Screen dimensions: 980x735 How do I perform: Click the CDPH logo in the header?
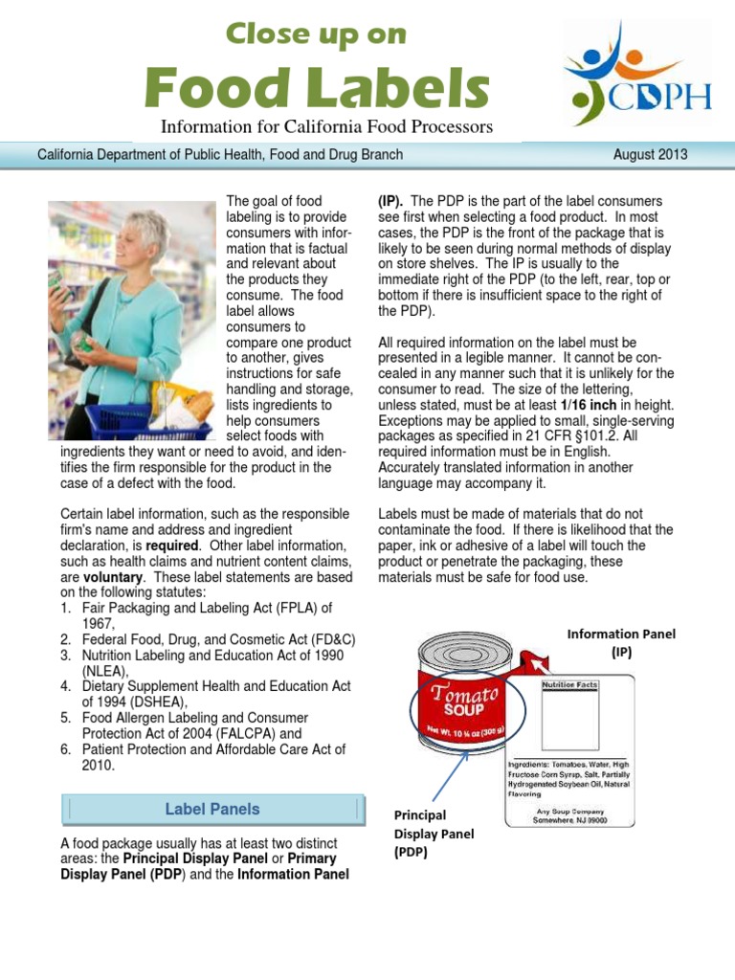tap(635, 74)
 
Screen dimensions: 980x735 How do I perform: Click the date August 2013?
tap(648, 154)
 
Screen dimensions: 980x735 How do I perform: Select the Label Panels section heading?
tap(212, 809)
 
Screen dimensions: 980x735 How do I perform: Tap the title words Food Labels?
tap(316, 89)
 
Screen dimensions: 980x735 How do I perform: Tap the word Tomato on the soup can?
tap(464, 694)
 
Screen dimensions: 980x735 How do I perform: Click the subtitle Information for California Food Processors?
tap(325, 126)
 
